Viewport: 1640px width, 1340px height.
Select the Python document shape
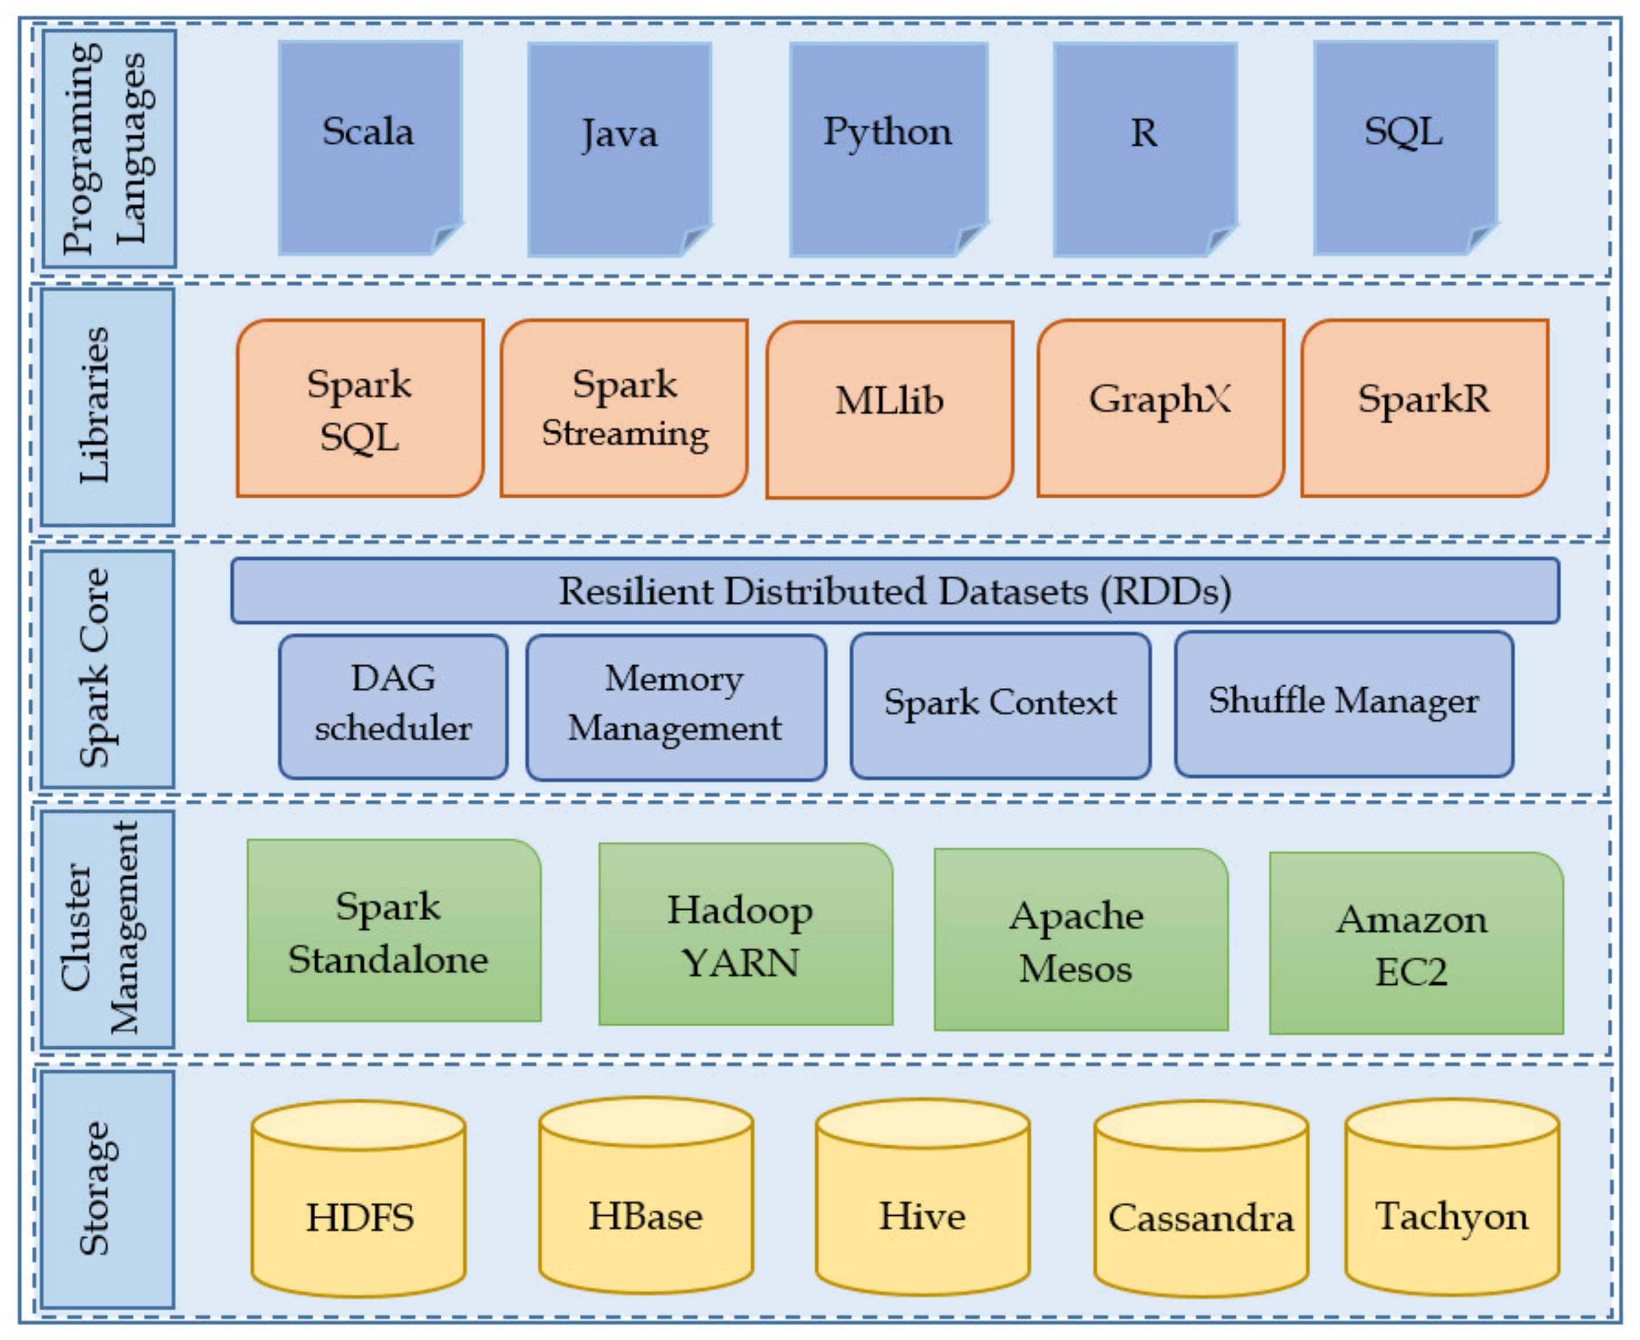point(888,149)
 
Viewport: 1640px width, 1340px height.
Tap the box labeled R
point(1145,149)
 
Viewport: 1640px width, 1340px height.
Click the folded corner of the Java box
point(695,239)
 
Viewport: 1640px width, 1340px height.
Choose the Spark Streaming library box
point(624,408)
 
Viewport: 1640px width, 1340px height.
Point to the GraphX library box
point(1161,408)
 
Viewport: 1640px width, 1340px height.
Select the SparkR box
point(1425,408)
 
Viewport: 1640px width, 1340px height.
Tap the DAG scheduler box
point(394,706)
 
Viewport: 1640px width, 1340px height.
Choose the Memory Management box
point(676,707)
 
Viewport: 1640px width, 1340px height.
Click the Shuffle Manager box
point(1344,704)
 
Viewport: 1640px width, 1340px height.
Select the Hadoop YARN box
point(746,934)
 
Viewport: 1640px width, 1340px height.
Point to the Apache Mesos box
point(1080,939)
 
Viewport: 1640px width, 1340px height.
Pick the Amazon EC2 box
point(1416,943)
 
